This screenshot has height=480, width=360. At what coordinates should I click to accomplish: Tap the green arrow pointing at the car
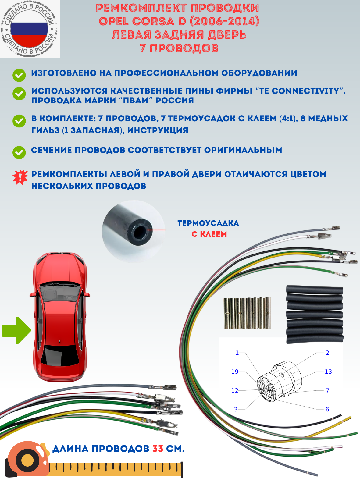[x=16, y=330]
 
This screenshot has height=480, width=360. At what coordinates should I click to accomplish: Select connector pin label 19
[x=235, y=372]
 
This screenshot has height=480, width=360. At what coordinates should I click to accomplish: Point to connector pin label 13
[x=328, y=372]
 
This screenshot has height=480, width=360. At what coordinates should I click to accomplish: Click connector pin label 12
[x=235, y=390]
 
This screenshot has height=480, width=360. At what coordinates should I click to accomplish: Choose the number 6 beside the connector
[x=327, y=409]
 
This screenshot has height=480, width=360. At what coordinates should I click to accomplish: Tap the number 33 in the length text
[x=158, y=449]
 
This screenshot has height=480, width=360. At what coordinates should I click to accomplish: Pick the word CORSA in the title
[x=153, y=21]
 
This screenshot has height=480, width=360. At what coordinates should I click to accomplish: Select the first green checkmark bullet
[x=19, y=75]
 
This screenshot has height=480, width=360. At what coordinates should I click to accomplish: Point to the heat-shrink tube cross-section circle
[x=134, y=231]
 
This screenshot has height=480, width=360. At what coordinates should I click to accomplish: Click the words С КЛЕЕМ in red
[x=209, y=234]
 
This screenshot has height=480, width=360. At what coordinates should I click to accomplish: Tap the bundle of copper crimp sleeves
[x=247, y=313]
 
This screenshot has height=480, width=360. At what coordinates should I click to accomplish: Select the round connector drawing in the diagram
[x=279, y=381]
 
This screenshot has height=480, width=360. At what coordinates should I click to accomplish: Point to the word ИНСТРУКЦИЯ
[x=158, y=130]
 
